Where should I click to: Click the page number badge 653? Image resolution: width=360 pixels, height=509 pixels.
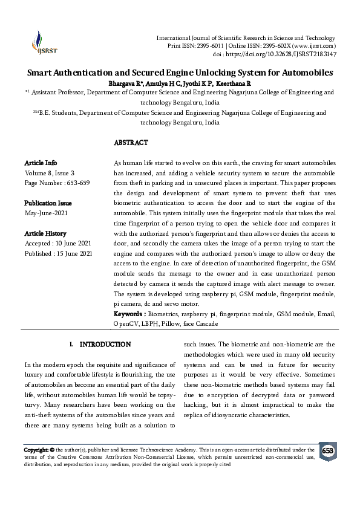pyautogui.click(x=327, y=451)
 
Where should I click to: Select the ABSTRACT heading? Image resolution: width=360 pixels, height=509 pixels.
pyautogui.click(x=131, y=143)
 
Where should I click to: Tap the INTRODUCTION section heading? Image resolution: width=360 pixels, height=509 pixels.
pyautogui.click(x=105, y=344)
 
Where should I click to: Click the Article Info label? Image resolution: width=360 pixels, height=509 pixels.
pyautogui.click(x=41, y=163)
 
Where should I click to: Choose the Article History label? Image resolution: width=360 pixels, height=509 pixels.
pyautogui.click(x=45, y=233)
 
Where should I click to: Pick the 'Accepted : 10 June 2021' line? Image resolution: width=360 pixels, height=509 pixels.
pyautogui.click(x=58, y=243)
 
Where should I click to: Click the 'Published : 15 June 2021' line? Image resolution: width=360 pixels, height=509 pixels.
pyautogui.click(x=59, y=253)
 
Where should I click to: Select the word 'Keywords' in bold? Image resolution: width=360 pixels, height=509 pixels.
pyautogui.click(x=129, y=314)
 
